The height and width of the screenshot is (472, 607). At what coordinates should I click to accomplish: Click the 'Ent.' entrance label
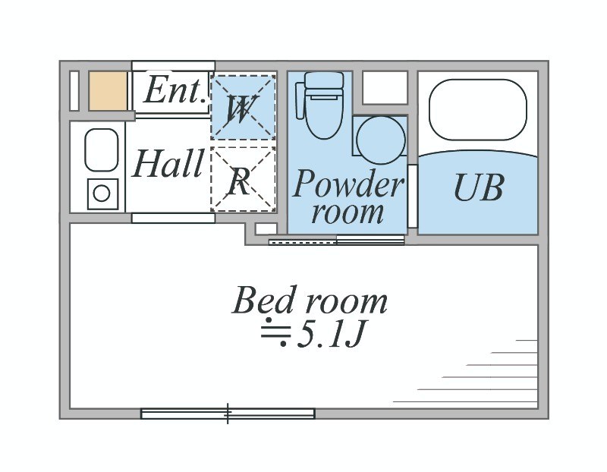[174, 92]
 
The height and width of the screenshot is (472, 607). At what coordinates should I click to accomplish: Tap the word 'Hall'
[168, 164]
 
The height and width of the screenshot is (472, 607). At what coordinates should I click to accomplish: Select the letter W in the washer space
[242, 109]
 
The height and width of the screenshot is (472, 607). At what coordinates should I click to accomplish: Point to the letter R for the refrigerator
[240, 182]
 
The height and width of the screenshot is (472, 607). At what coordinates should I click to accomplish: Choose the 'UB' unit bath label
[479, 187]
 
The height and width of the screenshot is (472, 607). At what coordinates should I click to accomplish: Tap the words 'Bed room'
[310, 301]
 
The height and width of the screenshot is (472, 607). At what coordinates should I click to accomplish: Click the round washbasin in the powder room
[380, 140]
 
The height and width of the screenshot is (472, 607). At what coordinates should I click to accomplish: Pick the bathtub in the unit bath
[477, 110]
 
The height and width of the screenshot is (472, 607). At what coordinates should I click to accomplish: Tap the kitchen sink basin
[101, 150]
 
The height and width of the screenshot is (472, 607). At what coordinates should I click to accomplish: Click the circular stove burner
[101, 194]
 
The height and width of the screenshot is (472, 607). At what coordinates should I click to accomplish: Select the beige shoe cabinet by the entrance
[108, 91]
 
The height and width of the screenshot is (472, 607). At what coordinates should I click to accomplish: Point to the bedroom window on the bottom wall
[228, 414]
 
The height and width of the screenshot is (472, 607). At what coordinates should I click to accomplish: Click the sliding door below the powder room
[337, 241]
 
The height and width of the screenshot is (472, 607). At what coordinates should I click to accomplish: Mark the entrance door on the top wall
[173, 65]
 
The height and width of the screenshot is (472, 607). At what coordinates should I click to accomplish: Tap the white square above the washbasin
[385, 87]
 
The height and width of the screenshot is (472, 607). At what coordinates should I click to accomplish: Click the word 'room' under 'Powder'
[348, 212]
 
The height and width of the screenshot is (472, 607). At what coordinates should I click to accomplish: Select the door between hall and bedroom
[173, 218]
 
